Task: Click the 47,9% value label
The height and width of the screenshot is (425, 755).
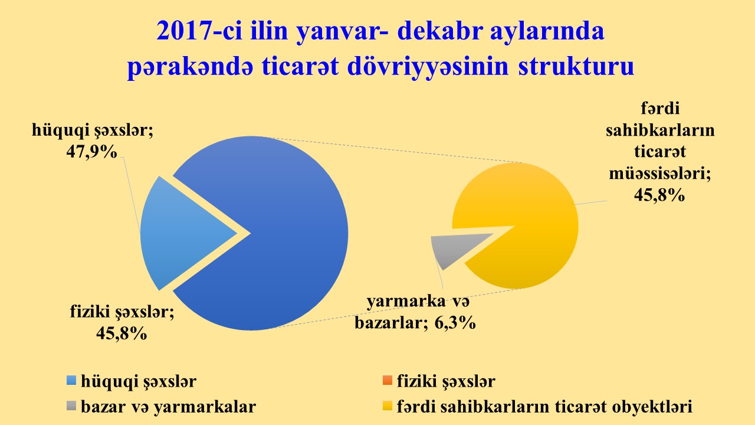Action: pos(91,152)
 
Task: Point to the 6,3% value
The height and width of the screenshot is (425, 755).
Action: pos(455,323)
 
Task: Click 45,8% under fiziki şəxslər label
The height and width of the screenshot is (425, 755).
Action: pos(122,334)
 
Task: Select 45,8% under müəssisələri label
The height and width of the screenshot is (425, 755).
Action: pos(659,195)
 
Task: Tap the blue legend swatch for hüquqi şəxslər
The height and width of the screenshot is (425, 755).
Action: pos(71,380)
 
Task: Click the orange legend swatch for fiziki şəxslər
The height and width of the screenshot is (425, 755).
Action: pos(388,380)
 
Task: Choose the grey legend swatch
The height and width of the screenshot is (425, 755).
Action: pos(71,406)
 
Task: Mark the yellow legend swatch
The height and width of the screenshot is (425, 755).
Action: pos(388,406)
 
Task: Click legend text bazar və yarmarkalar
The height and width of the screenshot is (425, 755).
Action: pos(169,407)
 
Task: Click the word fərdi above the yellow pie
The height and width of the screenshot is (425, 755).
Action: pos(660,109)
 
